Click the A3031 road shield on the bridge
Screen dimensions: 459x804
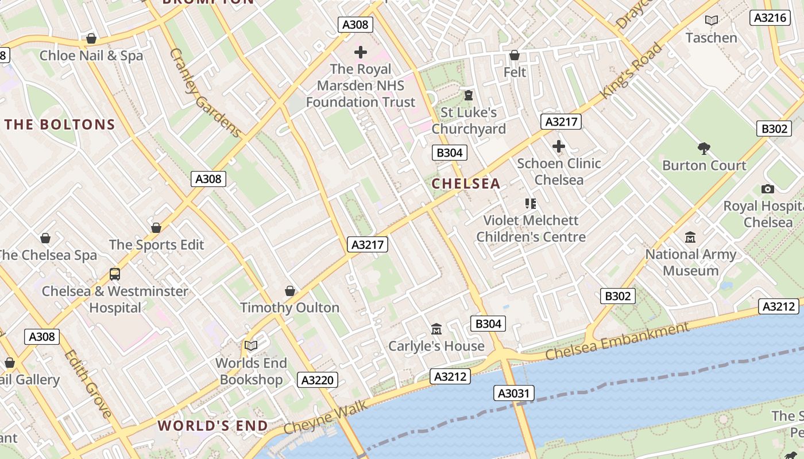[x=514, y=393]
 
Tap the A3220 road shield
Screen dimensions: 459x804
[x=318, y=379]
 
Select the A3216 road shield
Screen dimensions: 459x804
[x=770, y=18]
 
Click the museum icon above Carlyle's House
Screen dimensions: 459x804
[x=436, y=329]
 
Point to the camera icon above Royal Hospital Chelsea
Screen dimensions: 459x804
[x=767, y=189]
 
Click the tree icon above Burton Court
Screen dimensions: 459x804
[x=704, y=149]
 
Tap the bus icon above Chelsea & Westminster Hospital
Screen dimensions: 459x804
[x=115, y=274]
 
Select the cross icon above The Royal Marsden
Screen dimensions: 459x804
[x=361, y=53]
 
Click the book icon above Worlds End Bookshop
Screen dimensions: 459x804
[x=251, y=345]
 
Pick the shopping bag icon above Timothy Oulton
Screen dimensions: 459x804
[x=290, y=291]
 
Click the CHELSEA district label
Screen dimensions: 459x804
[x=466, y=184]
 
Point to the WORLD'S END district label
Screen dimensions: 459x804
[x=212, y=426]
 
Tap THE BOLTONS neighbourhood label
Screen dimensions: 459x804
[x=60, y=125]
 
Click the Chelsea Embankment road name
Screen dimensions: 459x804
[x=617, y=341]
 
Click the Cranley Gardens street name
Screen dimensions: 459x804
[x=206, y=93]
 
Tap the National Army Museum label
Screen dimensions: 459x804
[x=690, y=262]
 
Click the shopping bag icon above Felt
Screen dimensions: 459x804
[x=515, y=55]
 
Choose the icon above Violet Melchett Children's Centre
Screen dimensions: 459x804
[x=530, y=203]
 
